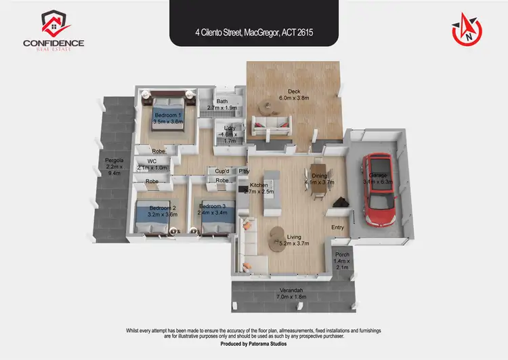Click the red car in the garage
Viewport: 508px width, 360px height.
[x=378, y=191]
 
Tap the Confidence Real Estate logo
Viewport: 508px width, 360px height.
[x=54, y=30]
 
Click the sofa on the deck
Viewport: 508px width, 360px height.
[x=269, y=126]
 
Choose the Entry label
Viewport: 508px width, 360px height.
[x=337, y=228]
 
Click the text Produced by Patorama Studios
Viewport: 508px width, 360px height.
[x=254, y=344]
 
